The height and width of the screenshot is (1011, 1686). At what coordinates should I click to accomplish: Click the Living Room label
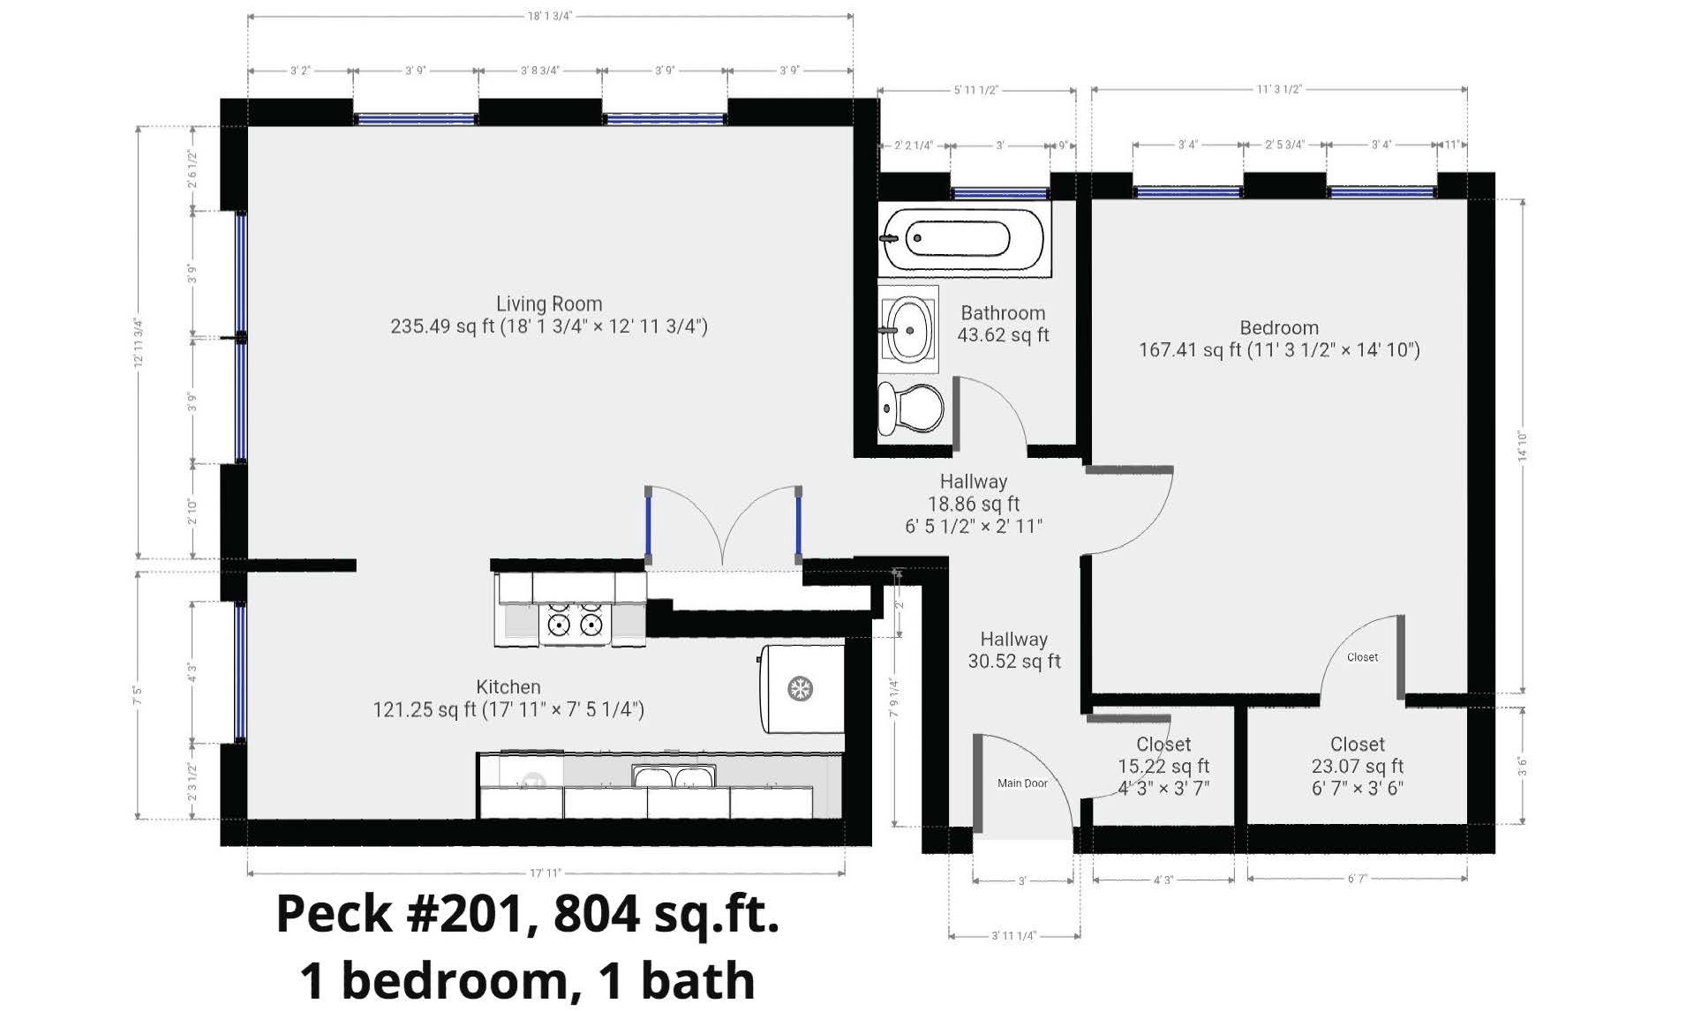pyautogui.click(x=548, y=304)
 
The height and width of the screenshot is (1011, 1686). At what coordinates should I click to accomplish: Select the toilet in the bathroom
pyautogui.click(x=913, y=409)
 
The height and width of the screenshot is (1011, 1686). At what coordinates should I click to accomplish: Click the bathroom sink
pyautogui.click(x=909, y=330)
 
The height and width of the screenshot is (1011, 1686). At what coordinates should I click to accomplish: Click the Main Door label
pyautogui.click(x=1022, y=783)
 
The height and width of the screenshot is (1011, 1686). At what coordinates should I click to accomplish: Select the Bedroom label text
pyautogui.click(x=1278, y=328)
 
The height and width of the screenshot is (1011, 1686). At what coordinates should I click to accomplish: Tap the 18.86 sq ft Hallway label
pyautogui.click(x=973, y=504)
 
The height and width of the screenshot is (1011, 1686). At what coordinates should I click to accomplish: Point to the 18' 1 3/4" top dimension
pyautogui.click(x=550, y=16)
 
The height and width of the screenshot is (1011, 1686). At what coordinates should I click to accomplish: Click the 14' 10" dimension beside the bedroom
pyautogui.click(x=1522, y=446)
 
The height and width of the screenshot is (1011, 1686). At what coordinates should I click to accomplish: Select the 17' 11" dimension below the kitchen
pyautogui.click(x=546, y=873)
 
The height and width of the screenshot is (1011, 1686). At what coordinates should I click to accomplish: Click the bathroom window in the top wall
pyautogui.click(x=999, y=193)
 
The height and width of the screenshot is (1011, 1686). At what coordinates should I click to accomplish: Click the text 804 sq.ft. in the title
pyautogui.click(x=666, y=914)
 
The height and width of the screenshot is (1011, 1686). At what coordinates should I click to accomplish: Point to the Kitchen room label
pyautogui.click(x=508, y=687)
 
